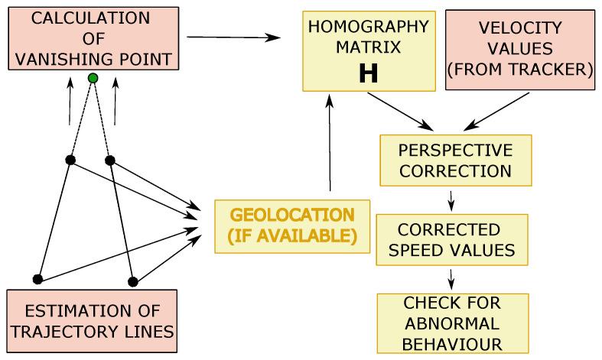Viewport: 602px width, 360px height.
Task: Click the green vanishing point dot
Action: click(x=93, y=78)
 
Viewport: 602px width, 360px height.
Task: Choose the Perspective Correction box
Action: click(x=456, y=159)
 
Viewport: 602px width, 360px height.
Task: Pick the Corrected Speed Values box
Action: click(x=451, y=239)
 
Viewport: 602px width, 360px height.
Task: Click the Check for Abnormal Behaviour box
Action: click(x=451, y=322)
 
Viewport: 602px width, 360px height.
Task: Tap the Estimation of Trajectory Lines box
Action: click(x=91, y=320)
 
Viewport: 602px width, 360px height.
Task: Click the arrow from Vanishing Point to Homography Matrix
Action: click(x=233, y=37)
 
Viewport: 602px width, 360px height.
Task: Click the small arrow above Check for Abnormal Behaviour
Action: click(x=451, y=278)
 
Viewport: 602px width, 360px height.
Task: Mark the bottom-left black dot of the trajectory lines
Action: click(x=37, y=278)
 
